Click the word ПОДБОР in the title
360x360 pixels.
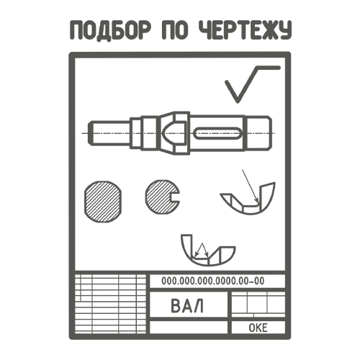pos(111,30)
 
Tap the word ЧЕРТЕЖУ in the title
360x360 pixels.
pos(246,30)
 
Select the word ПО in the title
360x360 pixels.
pos(175,30)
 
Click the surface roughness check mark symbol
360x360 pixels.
pos(252,84)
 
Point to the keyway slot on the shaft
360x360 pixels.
pos(217,133)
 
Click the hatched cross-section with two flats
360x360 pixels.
pos(103,202)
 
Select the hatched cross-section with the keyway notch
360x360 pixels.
pos(162,197)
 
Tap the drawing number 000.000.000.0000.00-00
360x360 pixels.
pos(212,281)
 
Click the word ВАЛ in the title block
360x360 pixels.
pos(187,305)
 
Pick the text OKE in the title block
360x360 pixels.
pos(258,328)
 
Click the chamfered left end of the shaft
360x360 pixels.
pos(91,133)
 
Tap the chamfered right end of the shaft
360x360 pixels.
pos(269,132)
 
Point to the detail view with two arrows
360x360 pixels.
pos(208,250)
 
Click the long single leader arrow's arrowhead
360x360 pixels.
pos(256,200)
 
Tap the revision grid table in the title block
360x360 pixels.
pos(110,304)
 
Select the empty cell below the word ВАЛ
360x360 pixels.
pos(189,327)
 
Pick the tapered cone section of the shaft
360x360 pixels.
pos(166,132)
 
